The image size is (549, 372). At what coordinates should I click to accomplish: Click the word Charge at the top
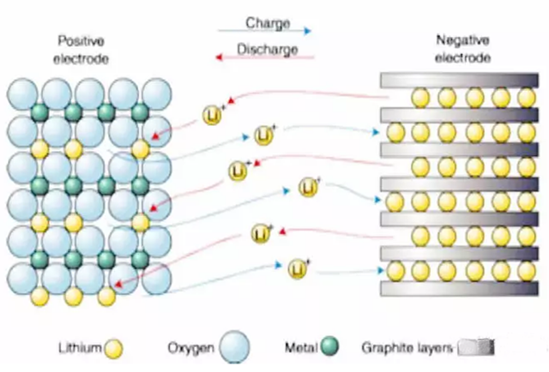coord(268,24)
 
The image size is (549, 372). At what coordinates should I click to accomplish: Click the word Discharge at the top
coord(267,50)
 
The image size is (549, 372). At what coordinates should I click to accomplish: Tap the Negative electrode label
coord(462,50)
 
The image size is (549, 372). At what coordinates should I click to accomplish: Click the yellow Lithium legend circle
coord(113,348)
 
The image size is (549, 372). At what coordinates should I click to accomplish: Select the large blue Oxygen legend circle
coord(235,348)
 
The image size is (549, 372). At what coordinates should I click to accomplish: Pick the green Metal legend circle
coord(329,347)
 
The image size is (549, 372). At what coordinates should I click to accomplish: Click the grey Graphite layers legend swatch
coord(478,348)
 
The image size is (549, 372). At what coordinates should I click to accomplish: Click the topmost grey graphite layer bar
coord(458,80)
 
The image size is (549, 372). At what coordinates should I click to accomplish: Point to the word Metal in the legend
coord(300,348)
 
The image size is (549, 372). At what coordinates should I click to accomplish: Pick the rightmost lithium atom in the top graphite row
coord(526,99)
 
